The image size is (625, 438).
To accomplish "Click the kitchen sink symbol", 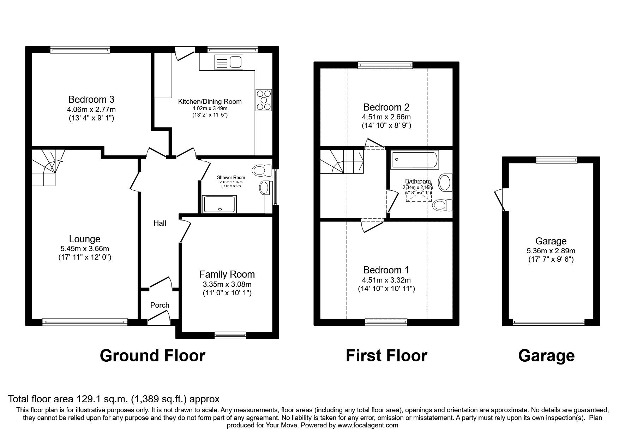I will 228,62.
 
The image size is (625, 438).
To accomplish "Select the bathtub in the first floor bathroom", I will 415,159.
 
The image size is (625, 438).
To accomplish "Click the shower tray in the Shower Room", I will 220,205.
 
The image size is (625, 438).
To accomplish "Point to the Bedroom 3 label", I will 91,99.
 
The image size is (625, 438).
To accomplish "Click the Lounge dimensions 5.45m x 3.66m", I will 85,249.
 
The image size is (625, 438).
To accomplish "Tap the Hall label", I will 160,223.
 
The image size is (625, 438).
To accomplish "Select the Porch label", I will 160,305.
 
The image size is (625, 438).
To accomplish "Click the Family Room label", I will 227,274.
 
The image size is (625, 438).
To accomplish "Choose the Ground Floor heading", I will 152,356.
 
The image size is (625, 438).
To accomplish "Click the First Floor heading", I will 386,356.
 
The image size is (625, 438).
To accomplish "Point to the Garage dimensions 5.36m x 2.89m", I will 551,251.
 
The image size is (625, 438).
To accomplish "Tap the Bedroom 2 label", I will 386,107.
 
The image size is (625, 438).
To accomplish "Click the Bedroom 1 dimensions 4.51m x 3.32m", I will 386,280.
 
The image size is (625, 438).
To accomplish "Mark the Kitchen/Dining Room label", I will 210,102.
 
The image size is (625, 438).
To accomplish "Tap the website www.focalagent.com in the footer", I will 368,425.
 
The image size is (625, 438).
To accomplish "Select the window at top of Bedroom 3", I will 80,50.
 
